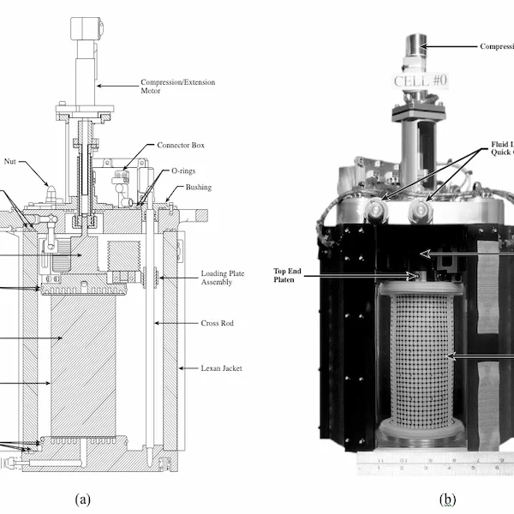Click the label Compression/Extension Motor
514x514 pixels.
[x=177, y=87]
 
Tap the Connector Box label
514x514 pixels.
[x=181, y=146]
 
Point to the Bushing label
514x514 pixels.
[x=199, y=187]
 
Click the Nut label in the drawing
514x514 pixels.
[x=10, y=160]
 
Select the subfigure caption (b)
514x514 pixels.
[x=447, y=499]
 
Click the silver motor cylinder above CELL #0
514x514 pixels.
[x=415, y=46]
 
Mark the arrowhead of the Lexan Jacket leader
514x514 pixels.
[x=181, y=368]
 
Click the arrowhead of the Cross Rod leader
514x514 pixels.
[x=157, y=323]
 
